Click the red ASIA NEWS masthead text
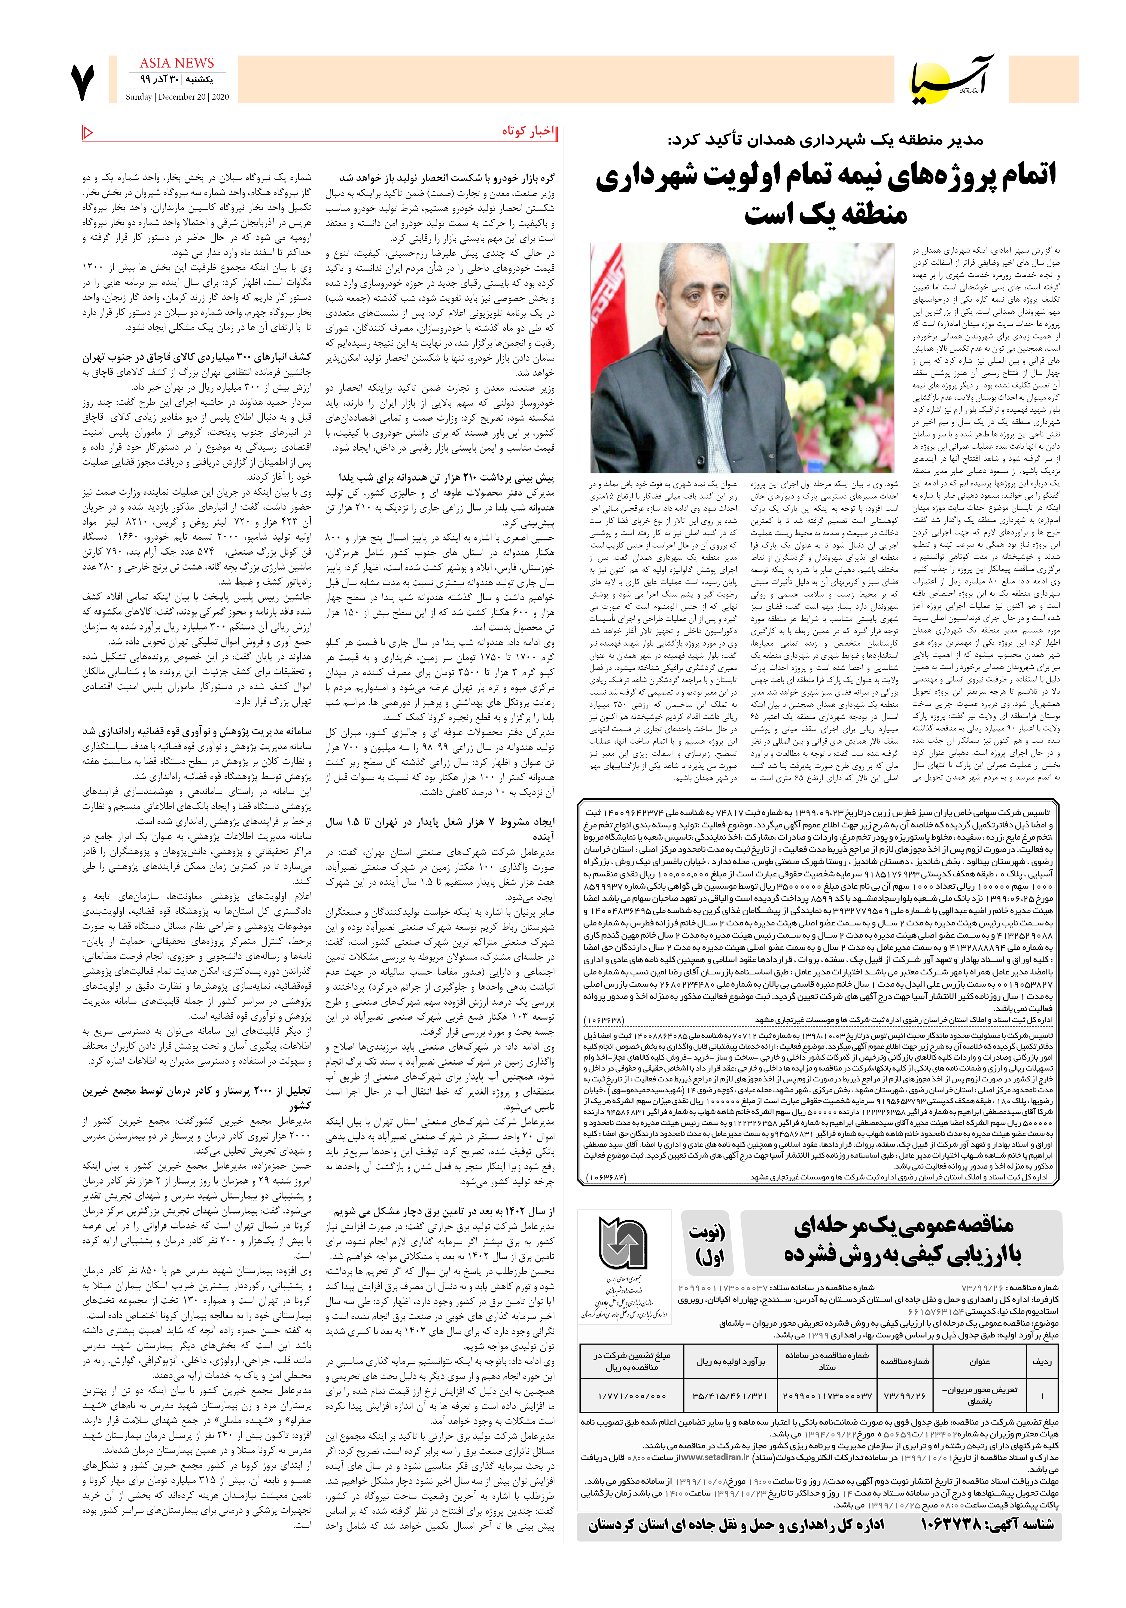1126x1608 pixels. click(x=176, y=63)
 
